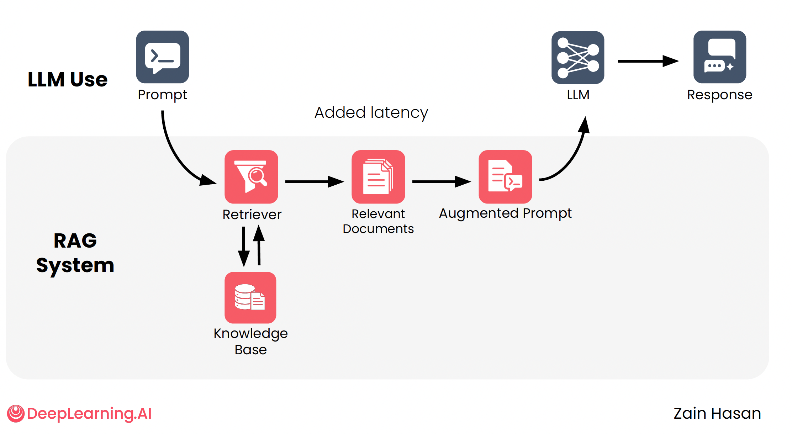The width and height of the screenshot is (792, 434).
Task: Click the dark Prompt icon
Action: (162, 57)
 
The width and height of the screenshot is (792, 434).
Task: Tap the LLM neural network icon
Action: (577, 58)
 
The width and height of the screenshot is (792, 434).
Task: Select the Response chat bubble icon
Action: (719, 57)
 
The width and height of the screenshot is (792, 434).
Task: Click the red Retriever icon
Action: (251, 176)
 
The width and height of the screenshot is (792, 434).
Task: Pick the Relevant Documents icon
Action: (378, 176)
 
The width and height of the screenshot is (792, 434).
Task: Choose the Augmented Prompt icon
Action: (505, 176)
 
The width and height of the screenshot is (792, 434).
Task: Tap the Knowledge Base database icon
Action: (250, 297)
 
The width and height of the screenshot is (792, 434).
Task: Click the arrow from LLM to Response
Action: (648, 61)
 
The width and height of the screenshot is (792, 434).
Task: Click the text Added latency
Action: (371, 113)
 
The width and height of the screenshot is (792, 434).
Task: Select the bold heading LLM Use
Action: (68, 79)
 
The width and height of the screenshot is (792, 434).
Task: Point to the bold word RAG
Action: (75, 241)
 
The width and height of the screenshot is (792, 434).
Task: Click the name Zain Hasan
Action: (717, 413)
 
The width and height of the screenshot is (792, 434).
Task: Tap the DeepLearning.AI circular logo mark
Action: (16, 413)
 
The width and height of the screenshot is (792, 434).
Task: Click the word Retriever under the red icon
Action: (252, 215)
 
